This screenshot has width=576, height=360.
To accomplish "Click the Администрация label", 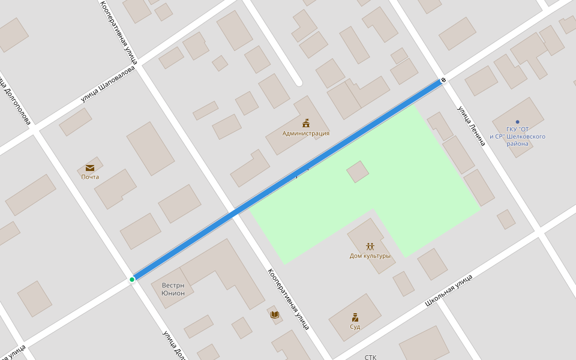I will coord(306,133).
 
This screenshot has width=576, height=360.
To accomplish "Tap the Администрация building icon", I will coord(306,123).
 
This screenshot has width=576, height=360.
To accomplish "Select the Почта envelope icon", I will coord(90,168).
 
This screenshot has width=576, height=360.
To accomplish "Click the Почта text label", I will coord(90,177).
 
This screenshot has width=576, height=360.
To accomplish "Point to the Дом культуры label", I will coord(370,256).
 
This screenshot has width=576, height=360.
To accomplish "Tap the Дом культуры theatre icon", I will coord(370,246).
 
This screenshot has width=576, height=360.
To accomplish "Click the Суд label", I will coord(355,326).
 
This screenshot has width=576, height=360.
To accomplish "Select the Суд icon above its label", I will coord(355,317).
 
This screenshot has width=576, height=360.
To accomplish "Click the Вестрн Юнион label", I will coord(173,289).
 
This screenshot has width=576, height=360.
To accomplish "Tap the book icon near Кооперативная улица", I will coord(275,314).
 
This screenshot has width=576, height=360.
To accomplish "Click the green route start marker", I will coord(132,280).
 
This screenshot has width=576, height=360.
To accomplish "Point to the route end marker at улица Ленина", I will coord(443,80).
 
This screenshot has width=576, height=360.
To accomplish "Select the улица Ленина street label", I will coord(471,126).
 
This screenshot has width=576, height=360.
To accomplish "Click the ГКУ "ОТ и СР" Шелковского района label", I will coord(517,136).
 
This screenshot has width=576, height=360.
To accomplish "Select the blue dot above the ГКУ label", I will coord(517,122).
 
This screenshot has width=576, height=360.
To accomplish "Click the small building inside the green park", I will coord(358,172).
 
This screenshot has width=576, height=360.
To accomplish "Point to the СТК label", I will coord(370,357).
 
